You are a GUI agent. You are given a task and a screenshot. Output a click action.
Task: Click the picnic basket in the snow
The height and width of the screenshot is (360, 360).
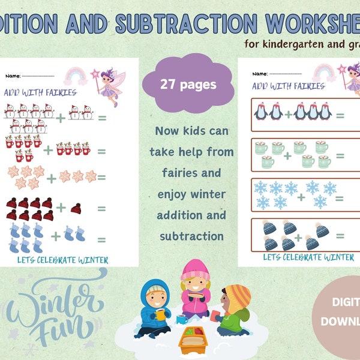click(x=192, y=341)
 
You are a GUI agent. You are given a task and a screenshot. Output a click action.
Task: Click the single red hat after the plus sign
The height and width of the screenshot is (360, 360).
click(x=76, y=208)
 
